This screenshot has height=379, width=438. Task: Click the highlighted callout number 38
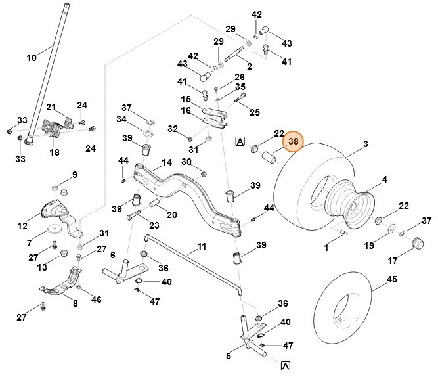click(294, 141)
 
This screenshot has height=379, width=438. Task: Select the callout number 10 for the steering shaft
click(32, 58)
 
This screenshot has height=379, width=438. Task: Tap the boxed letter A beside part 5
click(286, 366)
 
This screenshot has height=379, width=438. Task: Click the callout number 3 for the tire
click(365, 144)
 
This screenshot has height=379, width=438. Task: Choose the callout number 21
click(51, 108)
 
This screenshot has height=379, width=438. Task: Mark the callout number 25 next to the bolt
click(255, 112)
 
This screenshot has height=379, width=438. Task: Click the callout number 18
click(55, 152)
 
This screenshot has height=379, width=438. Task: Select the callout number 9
click(74, 175)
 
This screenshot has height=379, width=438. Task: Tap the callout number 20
click(171, 214)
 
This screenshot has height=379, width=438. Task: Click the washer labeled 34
click(148, 135)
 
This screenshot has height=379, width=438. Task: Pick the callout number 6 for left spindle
click(112, 255)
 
